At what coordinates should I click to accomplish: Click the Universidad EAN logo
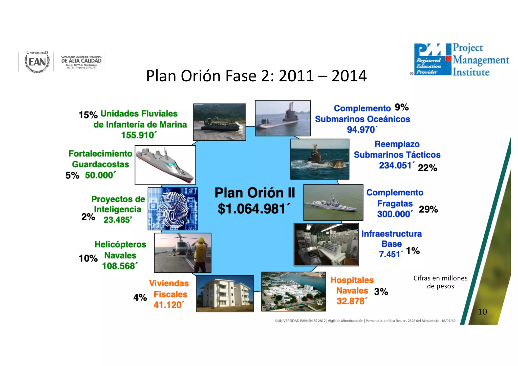(x=37, y=62)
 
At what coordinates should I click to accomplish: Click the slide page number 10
(x=482, y=312)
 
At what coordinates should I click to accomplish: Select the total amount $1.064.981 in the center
(x=254, y=209)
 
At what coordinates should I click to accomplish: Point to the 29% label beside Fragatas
(x=428, y=209)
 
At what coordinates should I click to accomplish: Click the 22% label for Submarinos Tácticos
(x=427, y=168)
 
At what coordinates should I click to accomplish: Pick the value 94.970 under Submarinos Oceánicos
(x=362, y=130)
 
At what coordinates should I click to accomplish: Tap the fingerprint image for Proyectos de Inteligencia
(x=173, y=209)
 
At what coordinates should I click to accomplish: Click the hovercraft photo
(x=220, y=122)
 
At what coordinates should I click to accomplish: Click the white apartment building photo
(x=225, y=293)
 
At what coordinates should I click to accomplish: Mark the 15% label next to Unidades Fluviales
(x=88, y=115)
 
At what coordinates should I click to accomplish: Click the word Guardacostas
(x=100, y=165)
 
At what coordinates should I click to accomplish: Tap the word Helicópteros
(x=120, y=245)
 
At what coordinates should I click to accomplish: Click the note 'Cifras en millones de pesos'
(x=440, y=282)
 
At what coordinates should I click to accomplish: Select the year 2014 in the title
(x=349, y=76)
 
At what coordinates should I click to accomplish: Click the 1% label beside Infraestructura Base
(x=413, y=251)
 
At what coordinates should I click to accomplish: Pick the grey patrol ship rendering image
(x=165, y=165)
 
